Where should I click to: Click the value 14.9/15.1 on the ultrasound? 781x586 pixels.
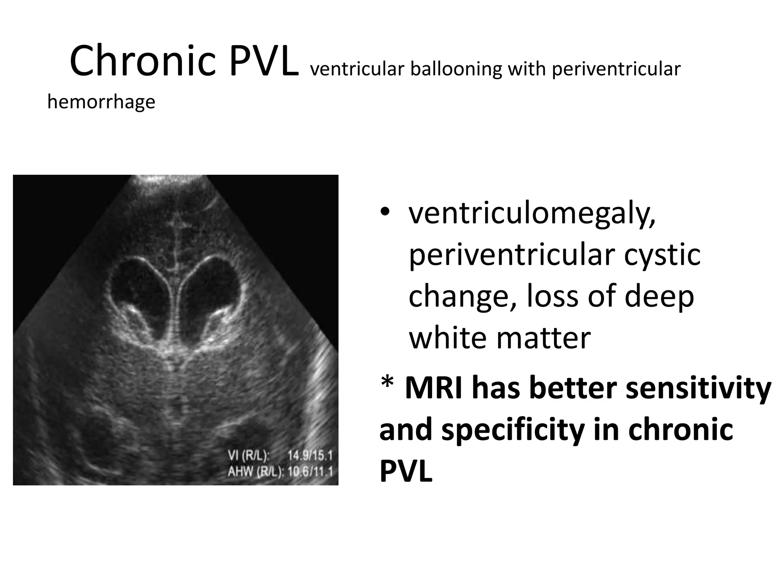[x=310, y=456]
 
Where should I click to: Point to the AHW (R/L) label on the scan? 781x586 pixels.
[x=256, y=472]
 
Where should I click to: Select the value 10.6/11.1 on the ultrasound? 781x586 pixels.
[x=310, y=472]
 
